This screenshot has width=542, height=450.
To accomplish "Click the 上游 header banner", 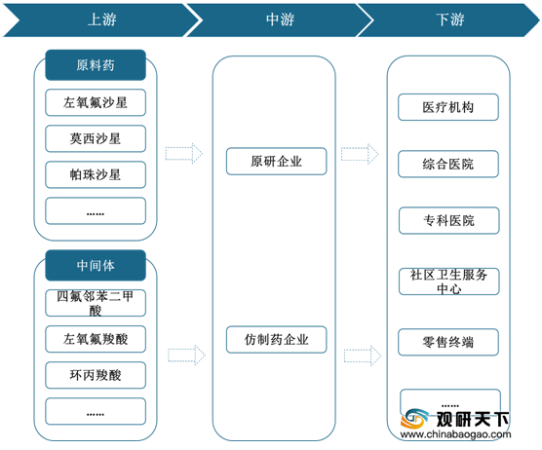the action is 102,19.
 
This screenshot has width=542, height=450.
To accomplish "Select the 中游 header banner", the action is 280,19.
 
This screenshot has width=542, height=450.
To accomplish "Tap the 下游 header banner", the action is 449,19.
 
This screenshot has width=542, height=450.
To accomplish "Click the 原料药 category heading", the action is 96,65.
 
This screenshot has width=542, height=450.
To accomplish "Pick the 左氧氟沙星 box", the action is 96,102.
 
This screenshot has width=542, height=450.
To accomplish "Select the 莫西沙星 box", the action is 96,138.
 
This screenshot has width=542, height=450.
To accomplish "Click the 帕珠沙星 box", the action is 96,174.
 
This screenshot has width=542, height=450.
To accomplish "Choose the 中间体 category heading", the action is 96,265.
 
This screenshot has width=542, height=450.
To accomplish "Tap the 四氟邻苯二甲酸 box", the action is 96,303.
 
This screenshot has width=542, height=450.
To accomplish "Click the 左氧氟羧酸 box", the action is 96,339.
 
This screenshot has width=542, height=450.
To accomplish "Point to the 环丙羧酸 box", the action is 96,375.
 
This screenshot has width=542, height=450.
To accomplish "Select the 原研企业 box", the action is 277,162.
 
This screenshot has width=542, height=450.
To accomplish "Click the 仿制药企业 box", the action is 277,340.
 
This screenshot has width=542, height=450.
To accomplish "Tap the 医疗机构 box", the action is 448,107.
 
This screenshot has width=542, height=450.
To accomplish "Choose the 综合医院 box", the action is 448,164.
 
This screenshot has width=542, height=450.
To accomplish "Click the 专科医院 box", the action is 449,221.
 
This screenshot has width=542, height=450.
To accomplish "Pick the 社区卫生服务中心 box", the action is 449,281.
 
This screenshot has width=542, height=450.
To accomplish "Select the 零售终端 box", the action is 448,342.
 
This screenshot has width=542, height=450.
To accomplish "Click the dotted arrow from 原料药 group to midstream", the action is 184,153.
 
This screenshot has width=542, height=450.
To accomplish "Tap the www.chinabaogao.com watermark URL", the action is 455,434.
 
